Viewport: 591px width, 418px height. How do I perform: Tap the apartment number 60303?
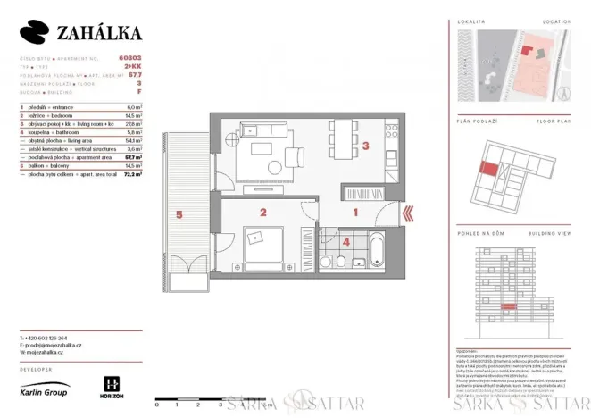click(129, 58)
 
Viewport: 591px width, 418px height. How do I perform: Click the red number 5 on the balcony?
click(179, 214)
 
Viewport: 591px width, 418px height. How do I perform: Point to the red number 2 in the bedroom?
click(263, 213)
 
